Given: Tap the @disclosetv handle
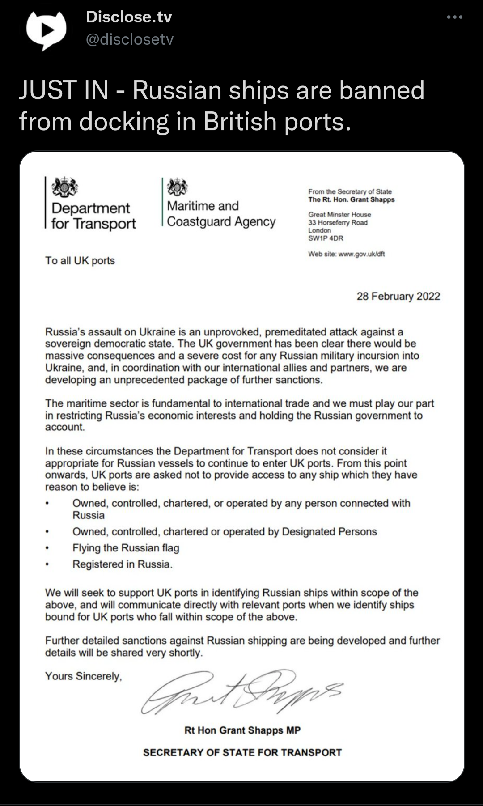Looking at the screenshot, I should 129,39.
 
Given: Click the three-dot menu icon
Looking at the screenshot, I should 454,17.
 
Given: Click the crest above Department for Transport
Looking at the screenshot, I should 65,187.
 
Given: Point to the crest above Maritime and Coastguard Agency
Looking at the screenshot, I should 177,187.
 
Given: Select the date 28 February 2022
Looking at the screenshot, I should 398,296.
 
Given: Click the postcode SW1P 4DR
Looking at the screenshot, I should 326,238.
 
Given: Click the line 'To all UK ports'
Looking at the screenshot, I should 80,260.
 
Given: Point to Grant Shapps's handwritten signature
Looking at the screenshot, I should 241,691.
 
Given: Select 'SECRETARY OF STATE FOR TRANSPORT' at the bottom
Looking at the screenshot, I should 242,752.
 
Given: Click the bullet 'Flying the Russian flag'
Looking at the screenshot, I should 126,548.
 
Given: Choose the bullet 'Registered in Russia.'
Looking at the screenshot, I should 122,564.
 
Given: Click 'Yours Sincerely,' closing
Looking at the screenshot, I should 83,676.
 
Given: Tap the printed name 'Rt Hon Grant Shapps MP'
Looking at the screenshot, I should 242,730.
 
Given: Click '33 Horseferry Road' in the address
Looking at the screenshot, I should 338,222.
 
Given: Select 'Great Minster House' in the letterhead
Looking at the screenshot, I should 339,215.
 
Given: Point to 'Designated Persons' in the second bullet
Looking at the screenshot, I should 329,531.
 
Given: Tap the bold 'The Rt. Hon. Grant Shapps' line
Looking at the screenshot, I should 351,199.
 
